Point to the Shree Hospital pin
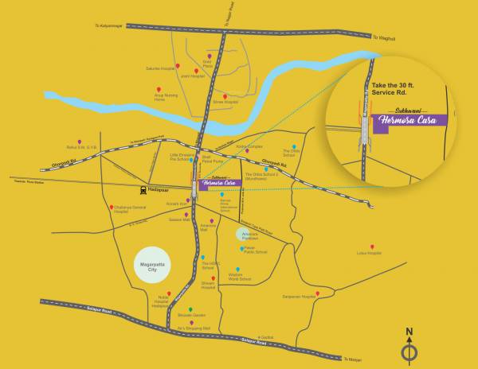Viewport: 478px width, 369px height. [225, 96]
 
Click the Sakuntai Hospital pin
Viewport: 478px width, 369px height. [178, 64]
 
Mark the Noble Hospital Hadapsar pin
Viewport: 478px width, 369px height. [168, 293]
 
